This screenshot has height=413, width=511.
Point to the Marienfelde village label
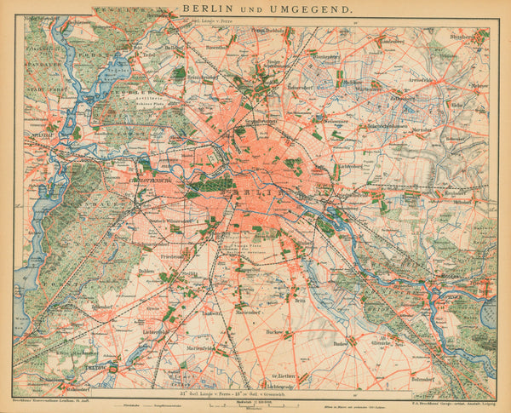click(198, 347)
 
